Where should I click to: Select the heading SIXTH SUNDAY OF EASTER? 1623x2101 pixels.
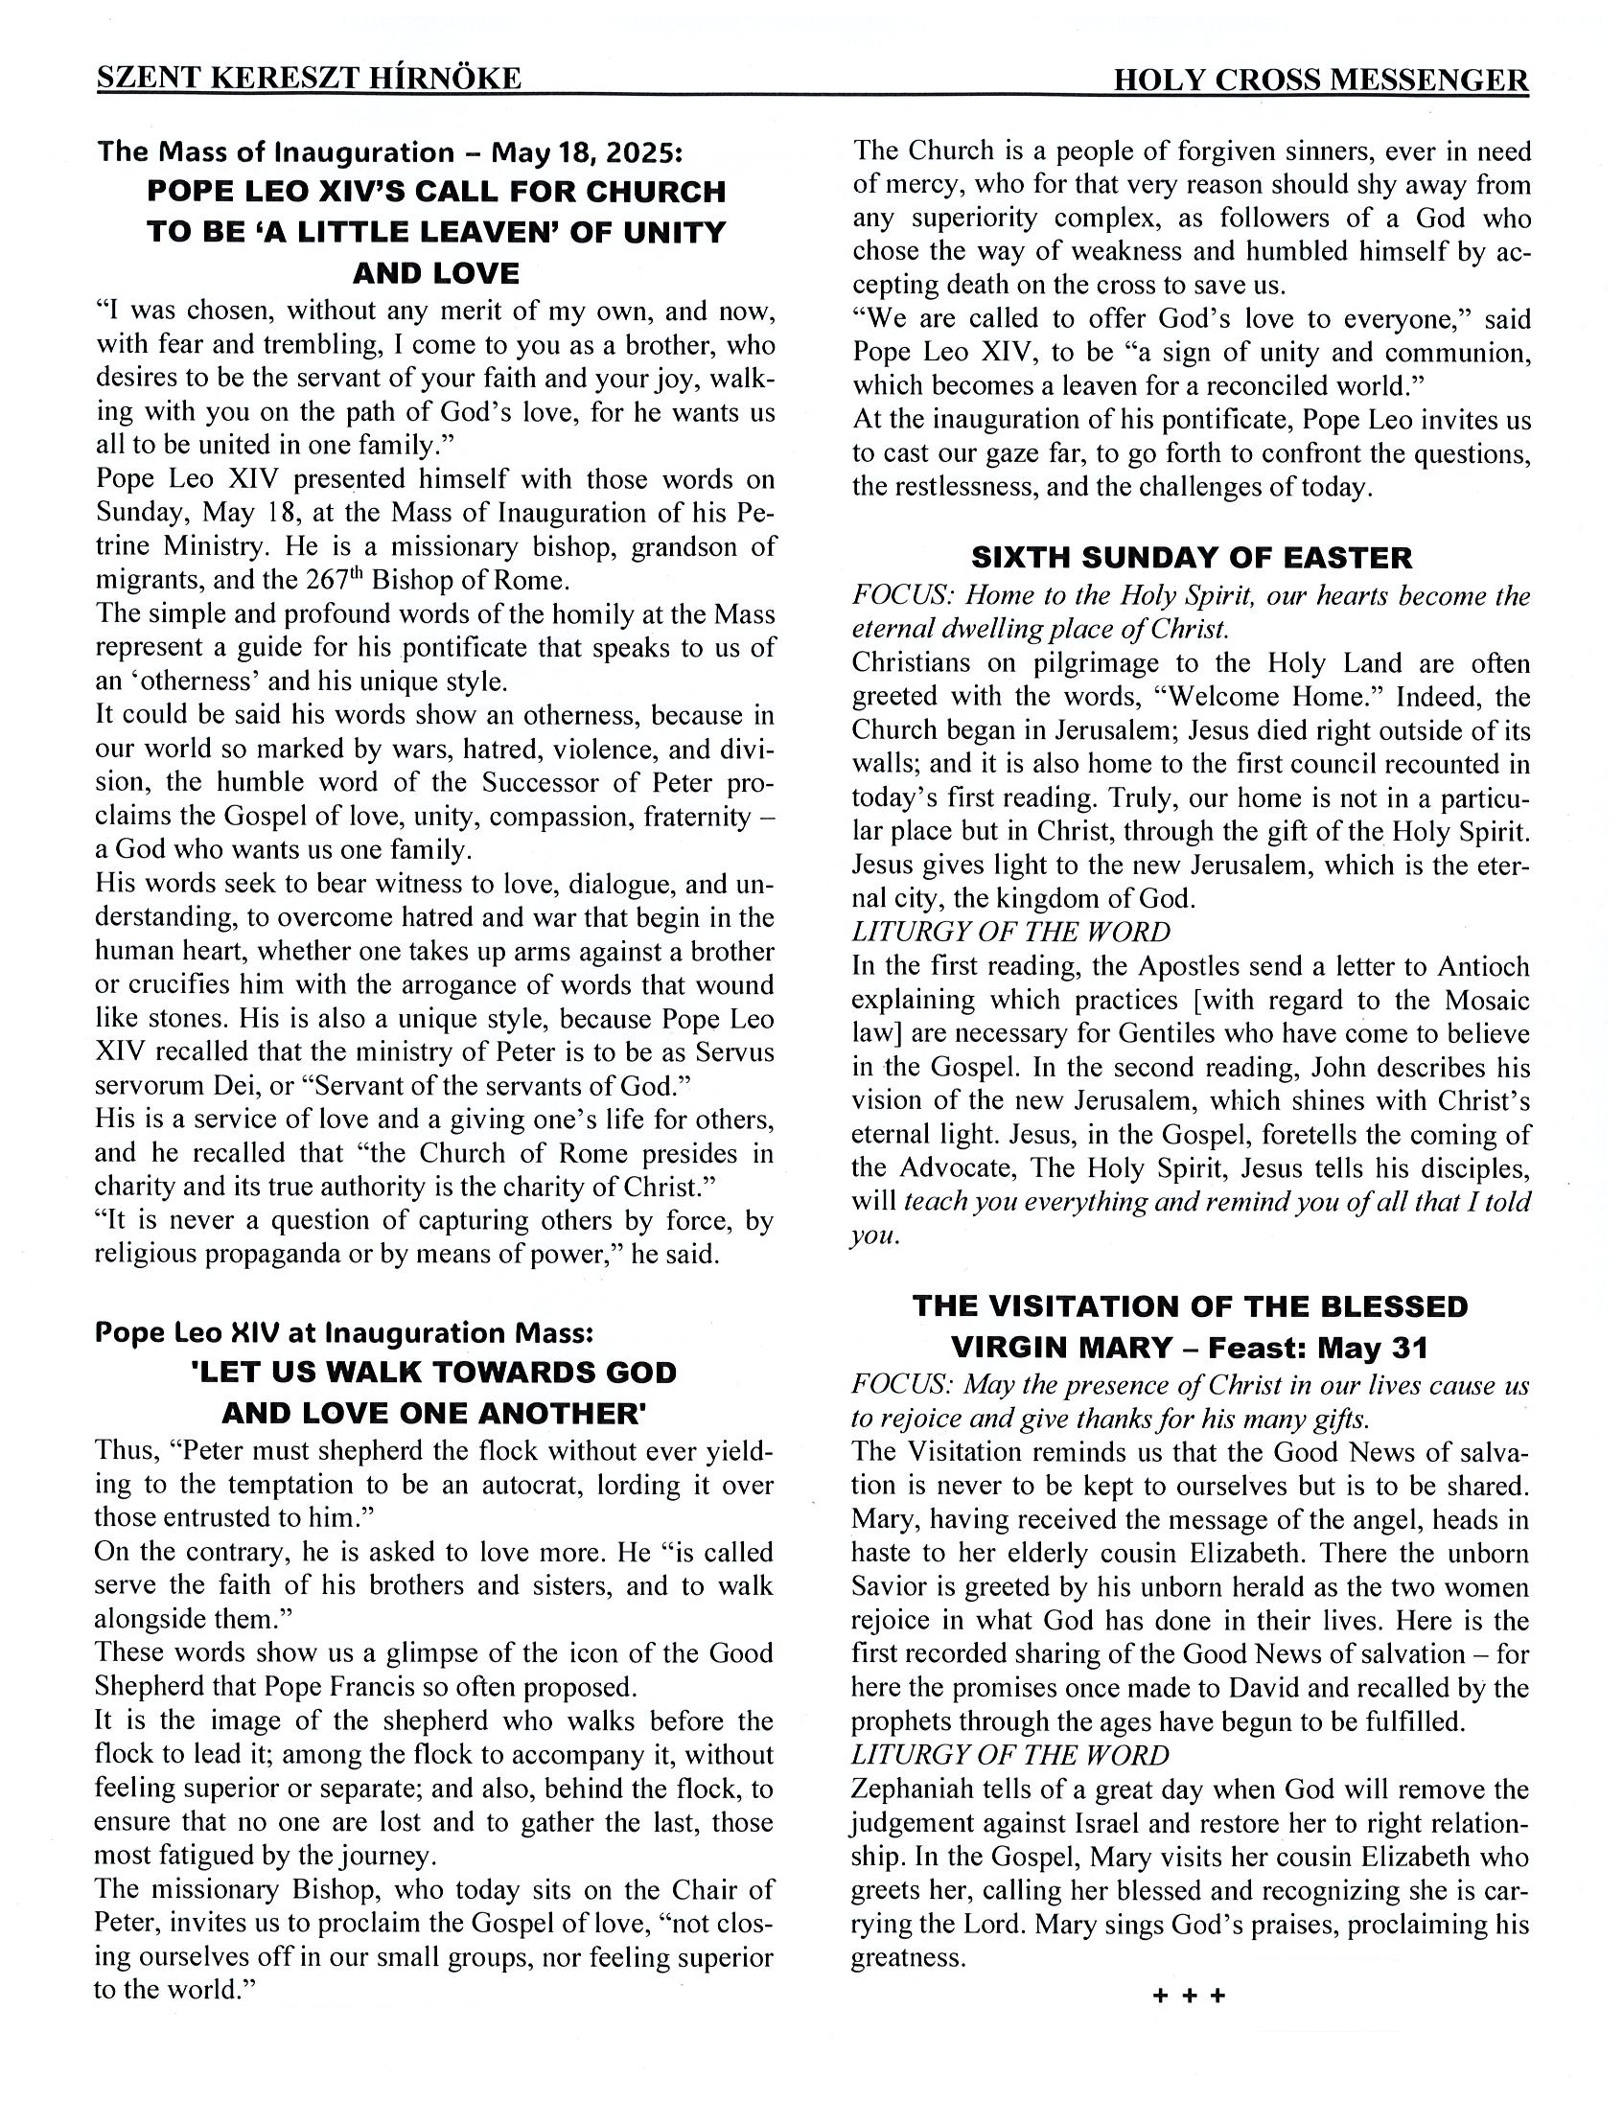coord(1191,557)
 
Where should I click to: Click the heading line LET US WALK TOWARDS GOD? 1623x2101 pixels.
coord(435,1372)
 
